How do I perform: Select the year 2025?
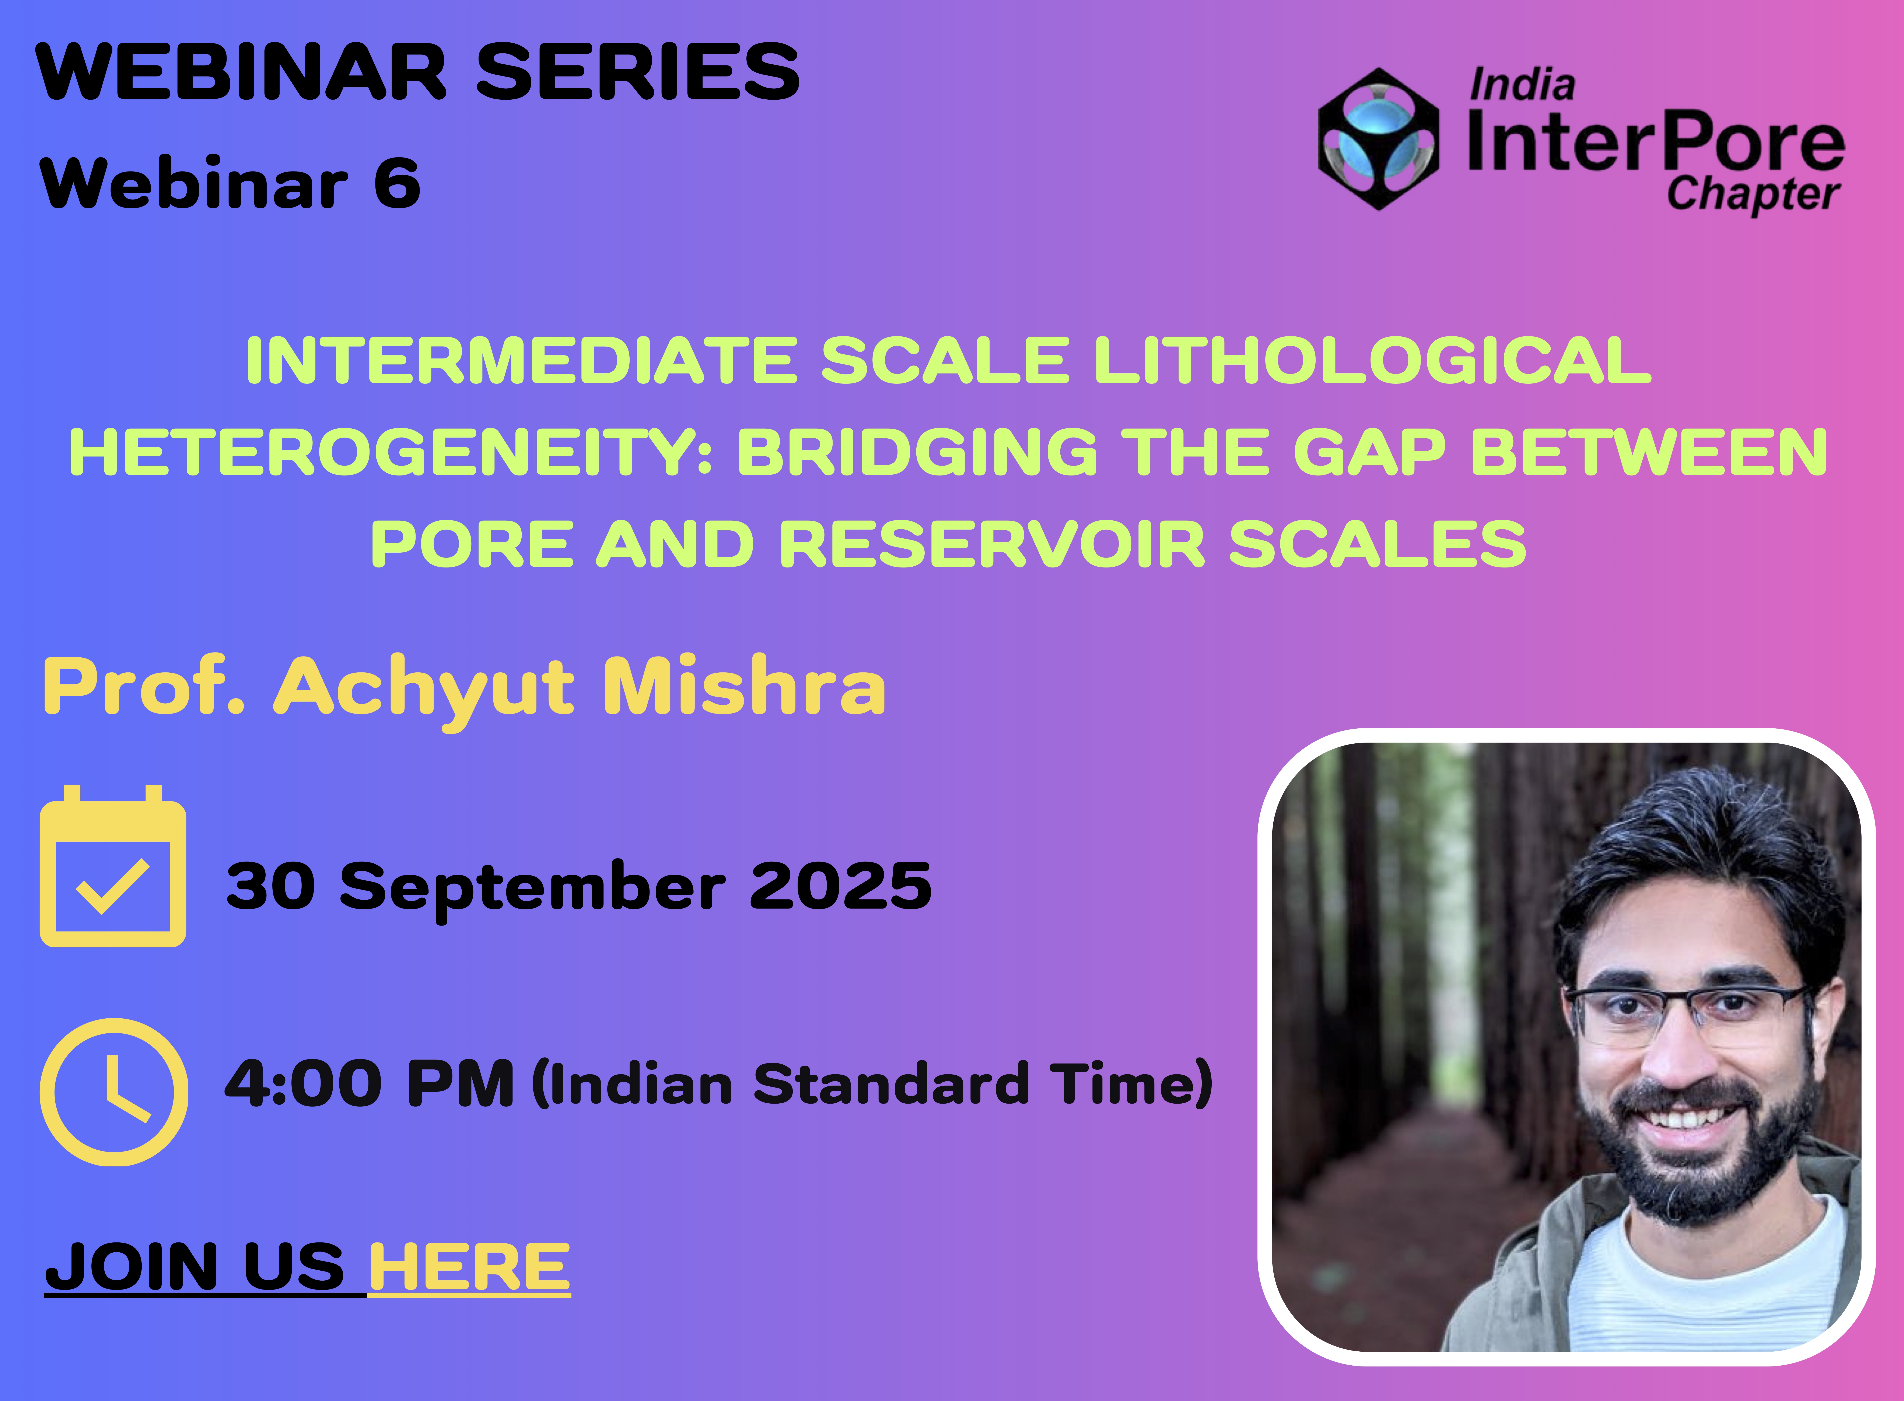coord(840,886)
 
